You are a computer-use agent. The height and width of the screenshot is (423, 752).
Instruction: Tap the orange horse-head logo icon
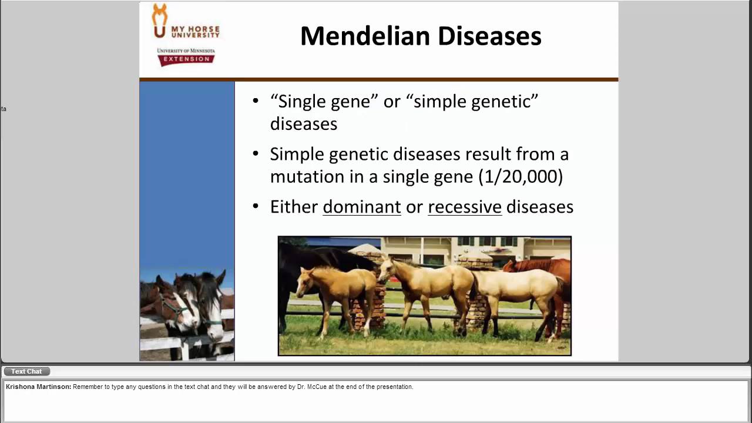(x=159, y=21)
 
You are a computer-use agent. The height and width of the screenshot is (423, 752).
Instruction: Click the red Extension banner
(x=186, y=59)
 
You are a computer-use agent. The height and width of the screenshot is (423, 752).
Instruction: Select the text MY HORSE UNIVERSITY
(x=195, y=31)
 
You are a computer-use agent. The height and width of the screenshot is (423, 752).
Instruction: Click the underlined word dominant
(x=361, y=207)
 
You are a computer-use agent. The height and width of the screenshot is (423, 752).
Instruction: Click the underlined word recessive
(x=464, y=207)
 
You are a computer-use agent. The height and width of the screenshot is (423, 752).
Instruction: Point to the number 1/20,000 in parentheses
(x=521, y=176)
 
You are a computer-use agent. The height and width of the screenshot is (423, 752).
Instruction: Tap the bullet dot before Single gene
(x=255, y=101)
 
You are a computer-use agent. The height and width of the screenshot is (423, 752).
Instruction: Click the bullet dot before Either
(x=255, y=206)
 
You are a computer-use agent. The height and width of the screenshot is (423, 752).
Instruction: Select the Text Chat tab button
(x=26, y=371)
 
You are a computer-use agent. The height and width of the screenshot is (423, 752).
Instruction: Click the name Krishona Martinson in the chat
(x=38, y=387)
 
